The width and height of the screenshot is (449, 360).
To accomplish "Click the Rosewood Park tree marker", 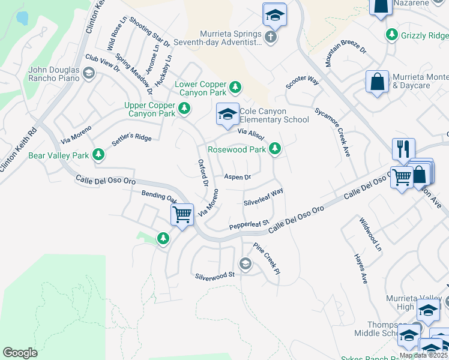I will click(x=275, y=148).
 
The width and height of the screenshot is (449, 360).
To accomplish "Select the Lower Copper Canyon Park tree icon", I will click(x=235, y=88).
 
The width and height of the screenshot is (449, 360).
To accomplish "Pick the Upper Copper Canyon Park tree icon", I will click(x=185, y=109).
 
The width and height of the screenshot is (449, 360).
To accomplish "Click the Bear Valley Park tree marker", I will click(x=98, y=155).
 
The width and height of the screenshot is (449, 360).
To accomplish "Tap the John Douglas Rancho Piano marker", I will click(x=89, y=74).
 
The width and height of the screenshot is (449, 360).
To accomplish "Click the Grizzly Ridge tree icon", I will click(x=392, y=35).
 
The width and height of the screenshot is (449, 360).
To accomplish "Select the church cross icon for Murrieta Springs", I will click(x=271, y=38).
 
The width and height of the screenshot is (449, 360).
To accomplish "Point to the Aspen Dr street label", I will click(x=237, y=177).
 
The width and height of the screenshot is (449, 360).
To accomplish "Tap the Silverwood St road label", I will click(x=214, y=275).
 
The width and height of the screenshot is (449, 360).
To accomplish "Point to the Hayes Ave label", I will click(x=360, y=268).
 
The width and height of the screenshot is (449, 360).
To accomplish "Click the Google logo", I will click(x=20, y=353).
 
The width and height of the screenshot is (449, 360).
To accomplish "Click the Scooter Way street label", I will click(x=302, y=82).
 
